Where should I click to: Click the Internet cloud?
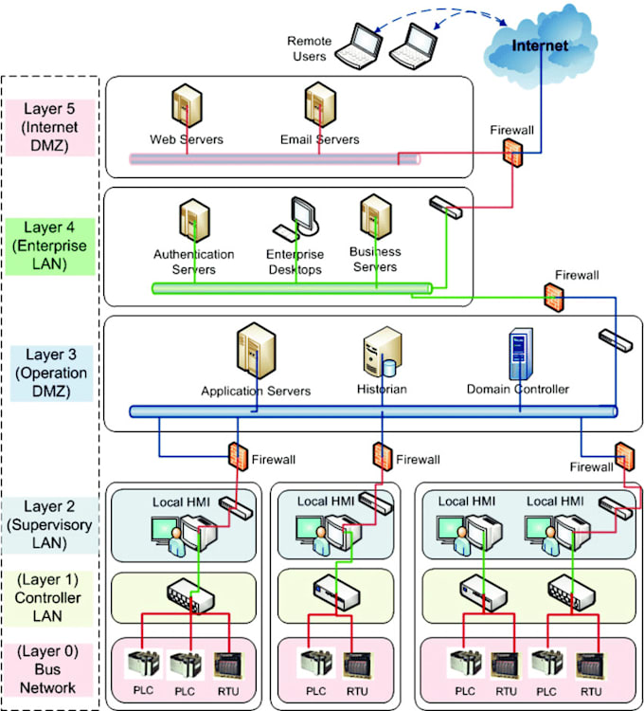tap(541, 43)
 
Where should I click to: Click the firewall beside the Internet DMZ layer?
tap(512, 152)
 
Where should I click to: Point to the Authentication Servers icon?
tap(189, 221)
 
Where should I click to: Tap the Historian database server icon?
tap(377, 356)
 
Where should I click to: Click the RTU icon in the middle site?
tap(356, 664)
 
